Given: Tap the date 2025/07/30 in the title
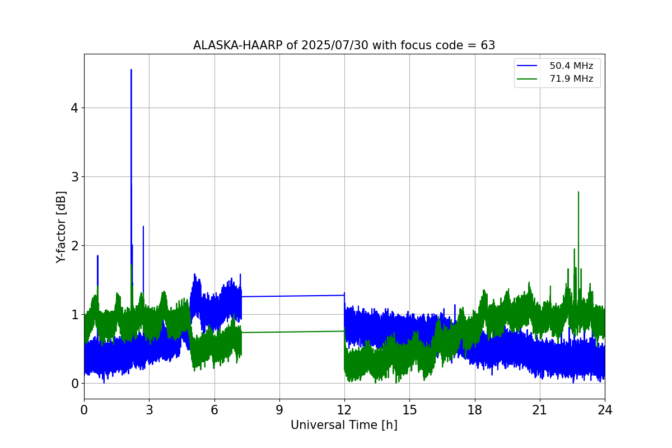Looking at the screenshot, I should point(319,45).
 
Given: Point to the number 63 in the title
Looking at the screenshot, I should point(488,45).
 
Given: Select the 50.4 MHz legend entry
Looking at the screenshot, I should point(571,66).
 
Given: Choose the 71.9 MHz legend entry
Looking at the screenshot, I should point(571,79).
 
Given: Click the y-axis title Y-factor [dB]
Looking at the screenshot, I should point(61,227).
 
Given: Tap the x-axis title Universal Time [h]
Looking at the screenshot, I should point(344,425).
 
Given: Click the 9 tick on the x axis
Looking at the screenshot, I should point(279,409).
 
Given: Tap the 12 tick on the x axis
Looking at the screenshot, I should point(344,409).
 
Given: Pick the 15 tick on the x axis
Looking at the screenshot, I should point(409,409).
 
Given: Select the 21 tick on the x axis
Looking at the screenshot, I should point(540,409).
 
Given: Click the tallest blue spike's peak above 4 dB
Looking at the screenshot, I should point(131,70).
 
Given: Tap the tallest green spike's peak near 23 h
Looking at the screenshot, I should point(578,192).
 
